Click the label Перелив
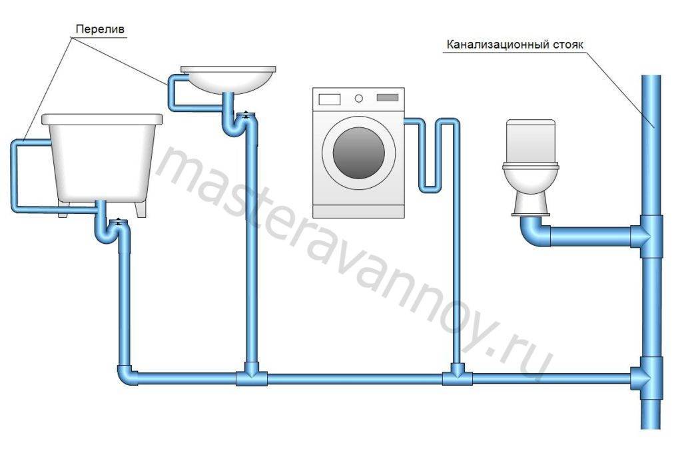(100, 29)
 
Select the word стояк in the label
(567, 45)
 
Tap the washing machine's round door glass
(359, 153)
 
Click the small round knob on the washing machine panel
(358, 99)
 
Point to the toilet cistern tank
(531, 141)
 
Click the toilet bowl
(531, 188)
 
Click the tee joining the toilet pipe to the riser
(647, 236)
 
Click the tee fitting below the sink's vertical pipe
(252, 374)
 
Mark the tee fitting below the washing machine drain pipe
(457, 374)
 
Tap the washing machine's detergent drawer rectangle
(329, 99)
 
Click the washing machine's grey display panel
(388, 98)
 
